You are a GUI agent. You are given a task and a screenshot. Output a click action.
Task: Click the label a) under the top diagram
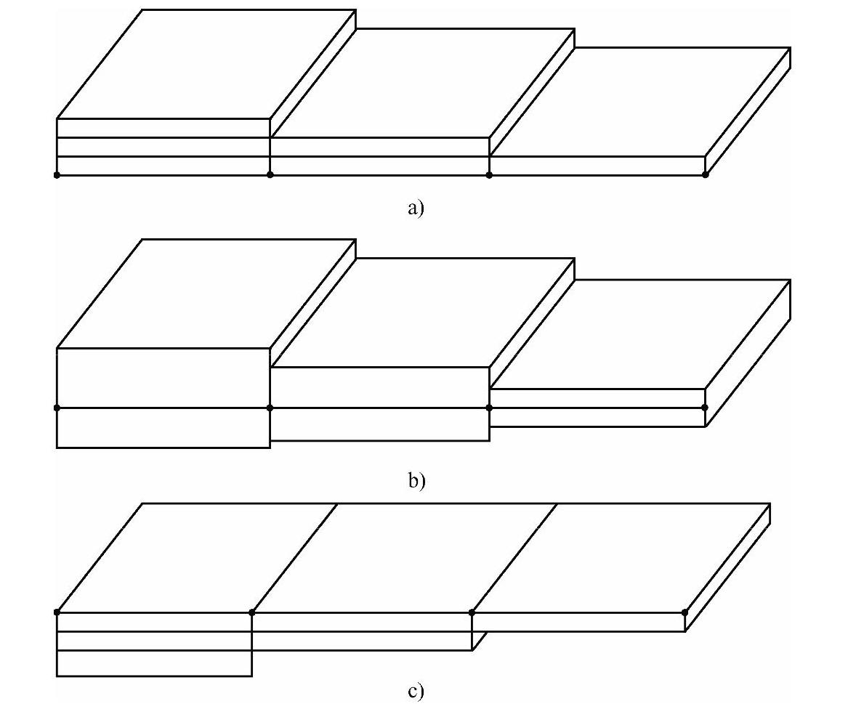click(415, 209)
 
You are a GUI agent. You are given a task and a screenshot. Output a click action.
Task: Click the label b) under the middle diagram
click(415, 480)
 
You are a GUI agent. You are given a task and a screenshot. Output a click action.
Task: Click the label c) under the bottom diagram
click(415, 691)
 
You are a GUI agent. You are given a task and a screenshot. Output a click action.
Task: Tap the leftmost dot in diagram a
click(57, 175)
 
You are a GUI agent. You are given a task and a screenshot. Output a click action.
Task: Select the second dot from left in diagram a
click(270, 175)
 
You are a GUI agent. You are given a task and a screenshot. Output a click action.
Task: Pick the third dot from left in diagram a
click(489, 175)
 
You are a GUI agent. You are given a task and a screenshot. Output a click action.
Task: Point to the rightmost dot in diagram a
click(705, 175)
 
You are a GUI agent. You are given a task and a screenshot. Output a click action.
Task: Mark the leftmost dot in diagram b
click(57, 408)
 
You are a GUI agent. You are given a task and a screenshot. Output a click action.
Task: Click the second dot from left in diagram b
click(270, 408)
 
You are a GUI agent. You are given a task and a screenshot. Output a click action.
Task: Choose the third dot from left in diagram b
click(489, 408)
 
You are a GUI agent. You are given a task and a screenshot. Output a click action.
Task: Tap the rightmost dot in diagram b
click(705, 408)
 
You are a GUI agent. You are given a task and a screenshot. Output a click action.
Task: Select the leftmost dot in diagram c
click(57, 612)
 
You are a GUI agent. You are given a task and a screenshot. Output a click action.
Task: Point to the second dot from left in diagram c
click(251, 612)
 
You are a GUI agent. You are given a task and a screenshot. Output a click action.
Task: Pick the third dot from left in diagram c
click(472, 612)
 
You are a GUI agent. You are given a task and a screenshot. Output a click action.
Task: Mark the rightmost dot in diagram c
click(685, 612)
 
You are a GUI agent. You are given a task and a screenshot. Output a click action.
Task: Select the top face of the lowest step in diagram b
click(639, 334)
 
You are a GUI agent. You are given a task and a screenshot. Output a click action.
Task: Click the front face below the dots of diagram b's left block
click(163, 428)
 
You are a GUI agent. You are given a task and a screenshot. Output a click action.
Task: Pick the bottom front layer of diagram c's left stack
click(154, 663)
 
